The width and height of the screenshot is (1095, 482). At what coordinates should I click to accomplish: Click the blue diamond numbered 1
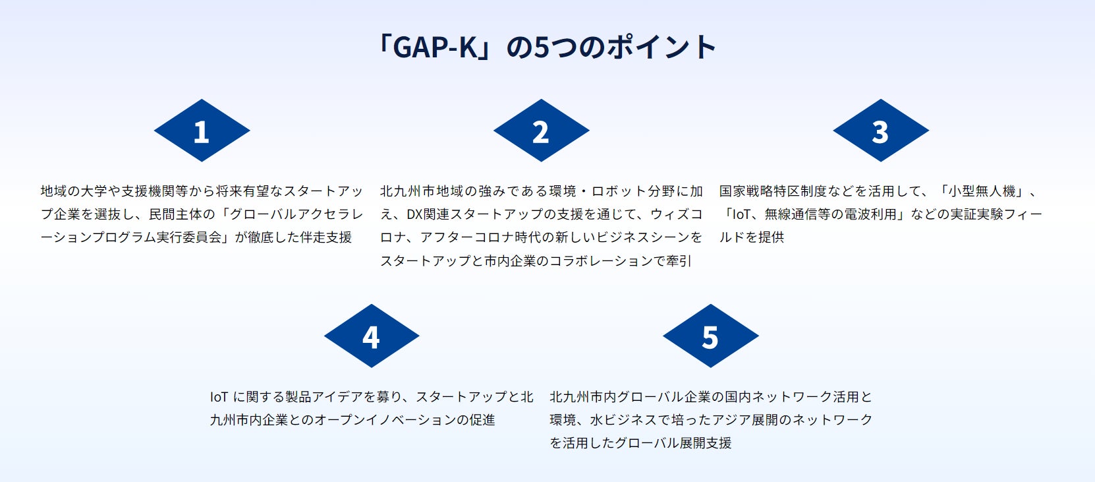pos(202,131)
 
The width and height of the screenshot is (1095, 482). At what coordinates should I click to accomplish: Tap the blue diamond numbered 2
pos(541,131)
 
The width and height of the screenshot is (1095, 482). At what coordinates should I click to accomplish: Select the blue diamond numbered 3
pos(880,131)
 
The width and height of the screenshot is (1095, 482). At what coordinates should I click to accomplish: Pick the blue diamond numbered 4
pos(371,336)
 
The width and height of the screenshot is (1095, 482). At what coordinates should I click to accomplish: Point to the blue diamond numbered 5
pos(710,336)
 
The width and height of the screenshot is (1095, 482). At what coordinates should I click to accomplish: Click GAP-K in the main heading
pos(435,47)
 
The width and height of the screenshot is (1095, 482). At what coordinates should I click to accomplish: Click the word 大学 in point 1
pos(94,191)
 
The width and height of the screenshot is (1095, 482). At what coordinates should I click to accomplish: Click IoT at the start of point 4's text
pos(219,397)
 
